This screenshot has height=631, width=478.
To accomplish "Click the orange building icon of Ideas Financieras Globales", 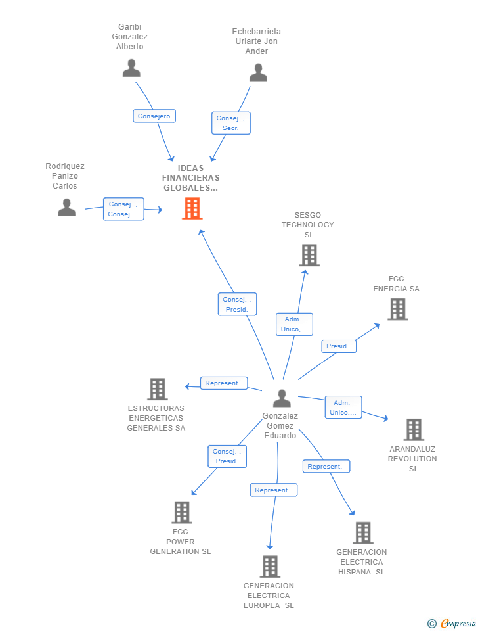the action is (192, 208).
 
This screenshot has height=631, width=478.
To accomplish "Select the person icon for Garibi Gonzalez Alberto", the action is (131, 68).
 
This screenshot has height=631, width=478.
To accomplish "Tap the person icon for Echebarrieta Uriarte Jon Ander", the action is (258, 72).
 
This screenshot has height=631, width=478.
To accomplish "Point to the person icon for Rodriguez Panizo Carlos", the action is (67, 207).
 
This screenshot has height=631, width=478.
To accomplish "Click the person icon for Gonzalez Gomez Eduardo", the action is (282, 398).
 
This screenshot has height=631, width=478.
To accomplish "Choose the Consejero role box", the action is (154, 116).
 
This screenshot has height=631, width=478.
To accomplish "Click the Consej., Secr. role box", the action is (231, 123).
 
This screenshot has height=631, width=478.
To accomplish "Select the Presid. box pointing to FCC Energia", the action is (339, 346).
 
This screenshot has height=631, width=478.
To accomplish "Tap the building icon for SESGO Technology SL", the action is (309, 255).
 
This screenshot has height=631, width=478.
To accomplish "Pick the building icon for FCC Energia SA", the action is (398, 309).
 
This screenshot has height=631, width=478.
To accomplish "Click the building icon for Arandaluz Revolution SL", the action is (414, 429).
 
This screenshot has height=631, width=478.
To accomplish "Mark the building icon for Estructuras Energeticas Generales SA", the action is (157, 388).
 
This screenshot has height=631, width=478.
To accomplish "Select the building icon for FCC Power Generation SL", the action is (182, 512).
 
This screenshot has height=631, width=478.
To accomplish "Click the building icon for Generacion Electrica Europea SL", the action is (270, 567).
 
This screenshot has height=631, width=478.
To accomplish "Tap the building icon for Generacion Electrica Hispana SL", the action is (363, 533).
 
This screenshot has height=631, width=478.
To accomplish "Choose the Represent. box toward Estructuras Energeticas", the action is (224, 383).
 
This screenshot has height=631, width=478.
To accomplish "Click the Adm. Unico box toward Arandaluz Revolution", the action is (343, 408).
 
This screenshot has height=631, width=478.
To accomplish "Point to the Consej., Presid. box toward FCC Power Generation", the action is (227, 456).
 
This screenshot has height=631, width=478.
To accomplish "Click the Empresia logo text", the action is (458, 623).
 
